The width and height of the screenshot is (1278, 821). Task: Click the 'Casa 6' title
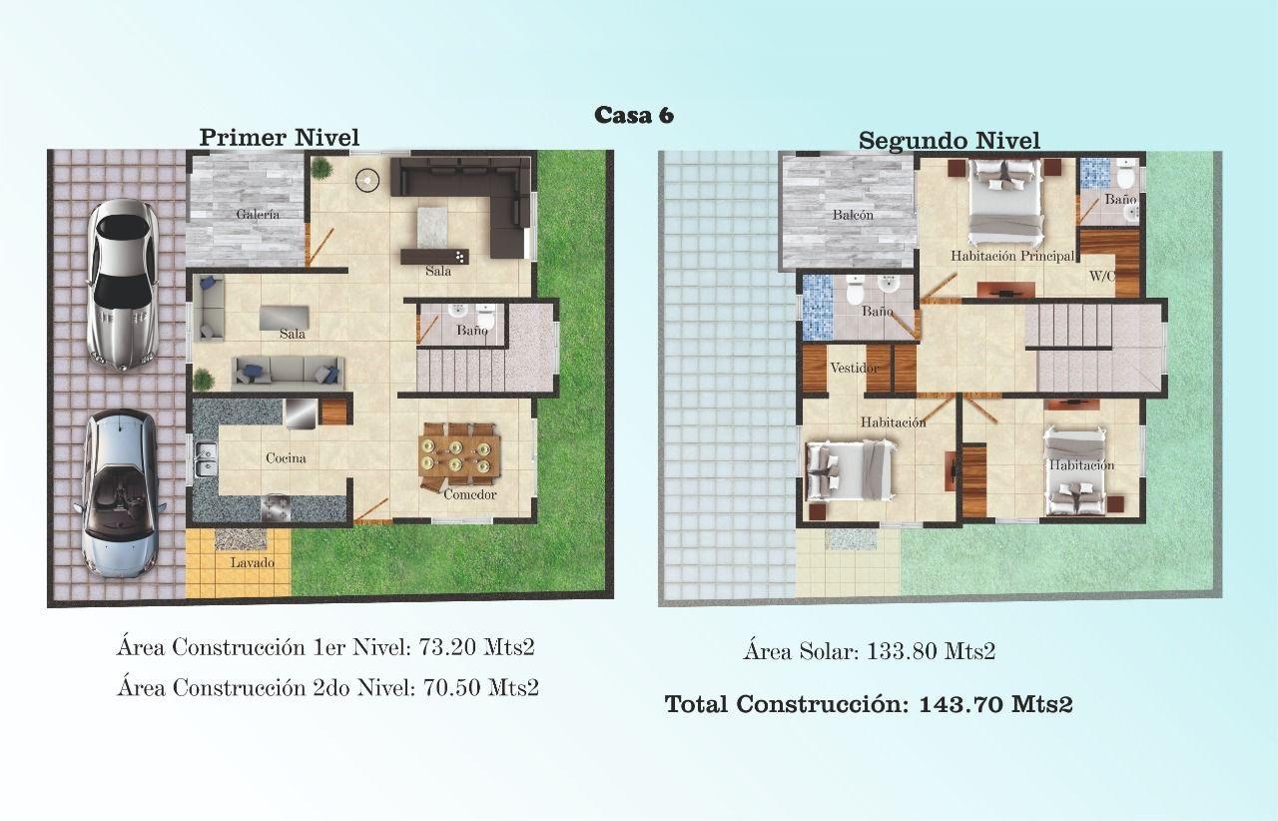634,115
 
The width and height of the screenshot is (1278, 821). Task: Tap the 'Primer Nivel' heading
279,138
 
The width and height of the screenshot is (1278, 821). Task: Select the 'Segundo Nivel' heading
950,141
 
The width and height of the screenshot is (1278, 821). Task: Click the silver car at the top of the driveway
122,286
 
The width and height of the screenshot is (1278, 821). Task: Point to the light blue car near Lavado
121,494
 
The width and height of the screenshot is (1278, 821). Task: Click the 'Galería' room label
258,214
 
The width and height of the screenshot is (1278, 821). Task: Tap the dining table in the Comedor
460,455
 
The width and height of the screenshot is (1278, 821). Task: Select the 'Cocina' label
286,457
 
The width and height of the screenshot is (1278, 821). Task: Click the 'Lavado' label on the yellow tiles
253,562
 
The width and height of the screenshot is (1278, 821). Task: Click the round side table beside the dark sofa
367,181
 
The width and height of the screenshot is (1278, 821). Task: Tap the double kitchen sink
206,459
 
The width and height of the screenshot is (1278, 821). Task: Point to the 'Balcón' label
853,215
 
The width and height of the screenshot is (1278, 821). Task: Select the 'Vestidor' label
854,369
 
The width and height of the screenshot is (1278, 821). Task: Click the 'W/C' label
1101,277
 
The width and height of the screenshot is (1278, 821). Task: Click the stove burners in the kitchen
277,507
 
